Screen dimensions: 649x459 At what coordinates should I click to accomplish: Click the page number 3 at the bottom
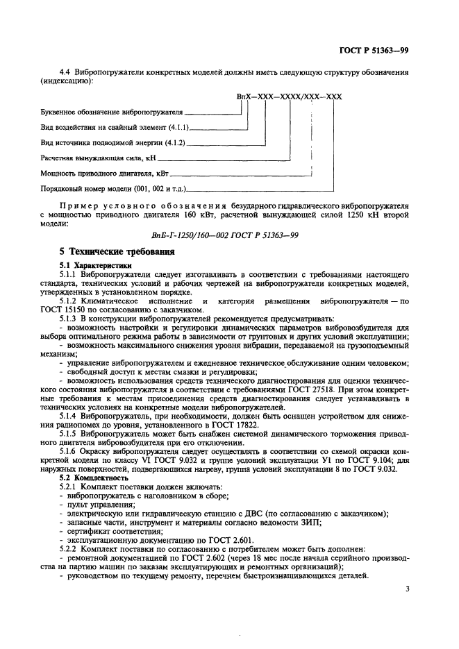click(x=408, y=591)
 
